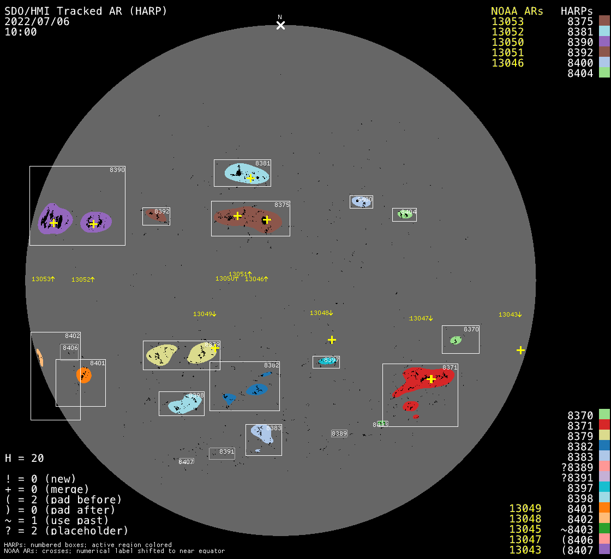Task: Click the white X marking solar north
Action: coord(280,25)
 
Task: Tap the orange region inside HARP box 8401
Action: coord(84,375)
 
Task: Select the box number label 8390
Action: coord(117,170)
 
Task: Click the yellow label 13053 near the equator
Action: coord(43,279)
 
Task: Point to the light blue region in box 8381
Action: coord(247,173)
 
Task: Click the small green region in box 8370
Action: coord(456,340)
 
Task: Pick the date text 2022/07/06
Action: coord(37,22)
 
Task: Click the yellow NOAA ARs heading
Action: coord(517,11)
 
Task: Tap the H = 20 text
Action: coord(25,458)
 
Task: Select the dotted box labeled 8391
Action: coord(222,453)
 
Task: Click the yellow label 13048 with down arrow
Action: coord(321,313)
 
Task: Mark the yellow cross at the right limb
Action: coord(520,350)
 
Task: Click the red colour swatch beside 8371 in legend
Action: coord(604,425)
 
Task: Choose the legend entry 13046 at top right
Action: coord(507,63)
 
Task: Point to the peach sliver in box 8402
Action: coord(39,358)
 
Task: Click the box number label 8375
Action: coord(282,205)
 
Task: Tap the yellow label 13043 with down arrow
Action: coord(510,314)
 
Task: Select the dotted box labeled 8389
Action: coord(339,433)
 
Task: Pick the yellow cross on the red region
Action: coord(431,379)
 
